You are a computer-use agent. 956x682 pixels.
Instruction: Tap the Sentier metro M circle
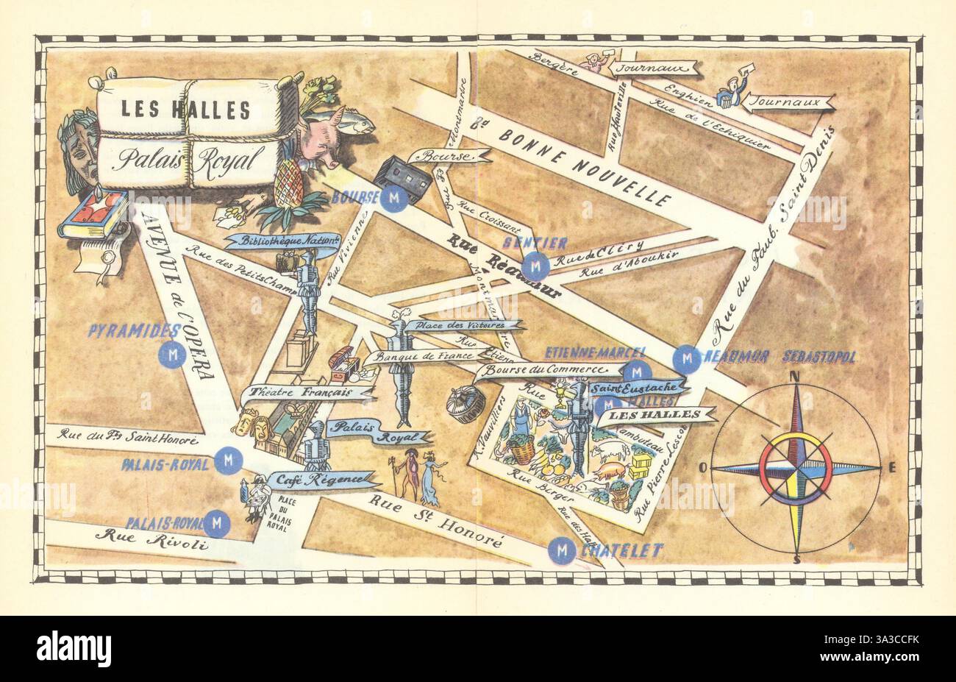click(536, 263)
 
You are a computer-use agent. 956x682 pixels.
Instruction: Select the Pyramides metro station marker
click(173, 355)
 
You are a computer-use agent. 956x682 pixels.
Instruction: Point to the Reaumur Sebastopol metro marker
click(688, 358)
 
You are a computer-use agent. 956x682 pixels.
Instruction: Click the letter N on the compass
click(795, 377)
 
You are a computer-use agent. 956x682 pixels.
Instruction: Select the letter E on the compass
click(893, 467)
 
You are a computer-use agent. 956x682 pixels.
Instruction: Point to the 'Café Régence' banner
click(321, 480)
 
